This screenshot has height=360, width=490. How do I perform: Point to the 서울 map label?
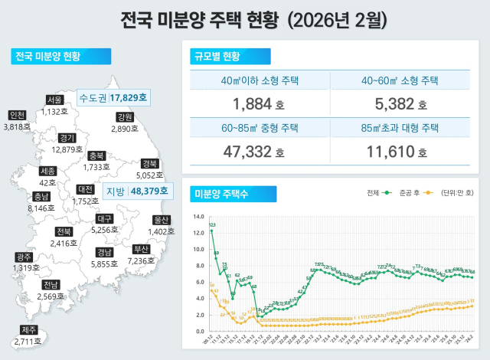[54, 100]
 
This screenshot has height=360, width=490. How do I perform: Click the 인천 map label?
[17, 115]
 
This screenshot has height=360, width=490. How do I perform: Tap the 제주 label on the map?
[28, 330]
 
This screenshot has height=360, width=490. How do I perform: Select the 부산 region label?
[141, 249]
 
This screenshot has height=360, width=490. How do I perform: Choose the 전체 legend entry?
[376, 194]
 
